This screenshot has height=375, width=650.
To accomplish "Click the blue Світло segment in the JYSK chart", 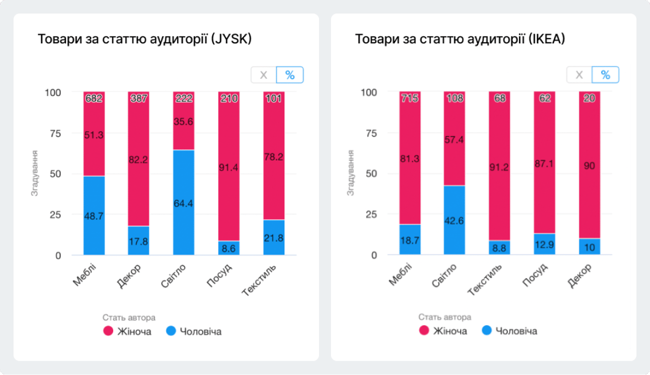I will tap(183, 203).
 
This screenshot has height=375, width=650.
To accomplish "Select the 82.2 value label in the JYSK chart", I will tap(139, 160).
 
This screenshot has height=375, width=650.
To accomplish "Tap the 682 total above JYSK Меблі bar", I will tap(94, 99).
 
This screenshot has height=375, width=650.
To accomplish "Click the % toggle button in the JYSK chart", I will tap(290, 75).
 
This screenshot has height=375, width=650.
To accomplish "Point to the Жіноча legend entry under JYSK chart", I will tap(127, 332).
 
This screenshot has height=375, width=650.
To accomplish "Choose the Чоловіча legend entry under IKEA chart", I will tap(509, 331).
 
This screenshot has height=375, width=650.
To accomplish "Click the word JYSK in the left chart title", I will tap(235, 40).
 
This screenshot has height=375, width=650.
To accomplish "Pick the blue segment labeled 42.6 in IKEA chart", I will tap(454, 220).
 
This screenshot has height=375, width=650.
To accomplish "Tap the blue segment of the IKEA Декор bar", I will tap(590, 246).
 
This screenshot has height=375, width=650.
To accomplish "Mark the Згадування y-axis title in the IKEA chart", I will tap(350, 173).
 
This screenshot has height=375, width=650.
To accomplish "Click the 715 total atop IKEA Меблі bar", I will tap(410, 99).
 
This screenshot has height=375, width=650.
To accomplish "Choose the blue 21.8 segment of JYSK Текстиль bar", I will tap(274, 237).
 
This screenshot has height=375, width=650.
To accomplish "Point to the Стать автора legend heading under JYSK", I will tap(129, 318).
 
